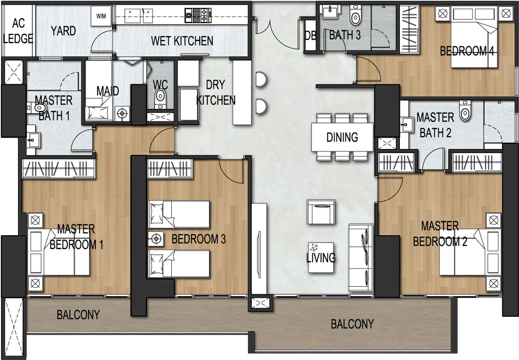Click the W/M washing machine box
coord(101,16)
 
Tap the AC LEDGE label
coord(18,31)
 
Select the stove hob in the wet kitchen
coord(198,15)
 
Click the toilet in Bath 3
coord(355,15)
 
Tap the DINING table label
coord(342,137)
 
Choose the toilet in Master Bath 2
coord(465,111)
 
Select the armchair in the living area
coord(321,212)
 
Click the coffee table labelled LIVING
coord(321,257)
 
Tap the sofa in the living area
coord(361,257)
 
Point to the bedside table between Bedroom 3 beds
coord(156,238)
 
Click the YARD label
coord(63,31)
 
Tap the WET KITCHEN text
coord(182,41)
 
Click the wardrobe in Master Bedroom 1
coord(58,169)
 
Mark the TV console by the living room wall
coord(259,248)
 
